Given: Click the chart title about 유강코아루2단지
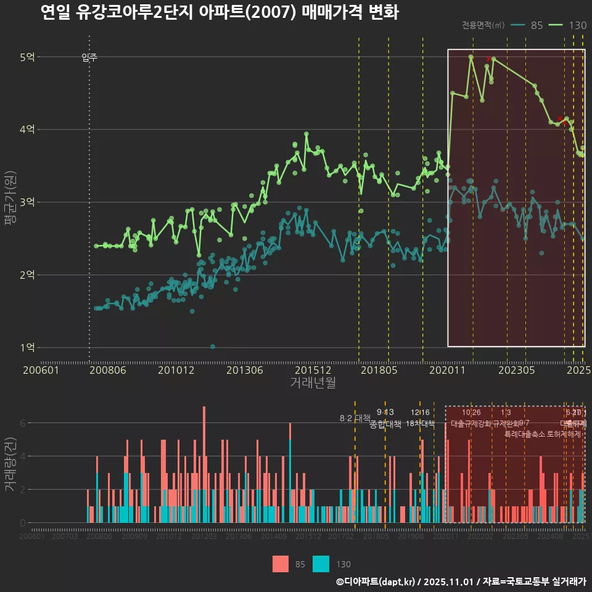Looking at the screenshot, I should [219, 13].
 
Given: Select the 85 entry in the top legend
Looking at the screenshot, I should [536, 25].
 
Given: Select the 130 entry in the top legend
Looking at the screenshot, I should [577, 25].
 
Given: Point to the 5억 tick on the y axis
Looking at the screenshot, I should [27, 57].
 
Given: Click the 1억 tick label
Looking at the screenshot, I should [27, 347].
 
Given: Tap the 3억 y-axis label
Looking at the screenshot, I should [27, 202].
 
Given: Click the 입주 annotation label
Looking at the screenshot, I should [89, 58].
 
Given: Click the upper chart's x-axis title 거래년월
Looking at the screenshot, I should [313, 382].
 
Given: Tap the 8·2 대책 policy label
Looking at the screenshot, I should [355, 418].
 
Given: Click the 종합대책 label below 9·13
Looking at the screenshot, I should [385, 424].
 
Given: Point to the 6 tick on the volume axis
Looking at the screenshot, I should [23, 423].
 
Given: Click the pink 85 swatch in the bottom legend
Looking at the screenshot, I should [281, 564].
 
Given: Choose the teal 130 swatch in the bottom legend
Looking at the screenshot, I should [321, 564].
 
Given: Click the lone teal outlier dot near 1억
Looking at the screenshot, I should [213, 347].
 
